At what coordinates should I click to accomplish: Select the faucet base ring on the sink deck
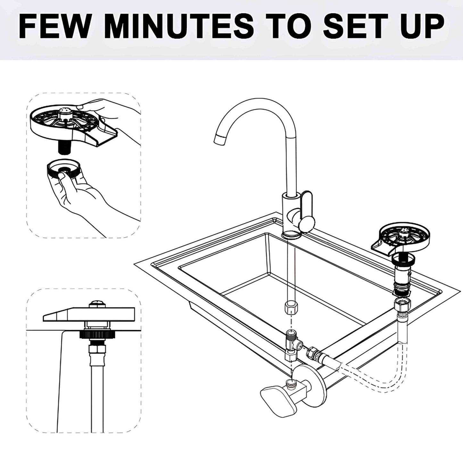click(x=292, y=236)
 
